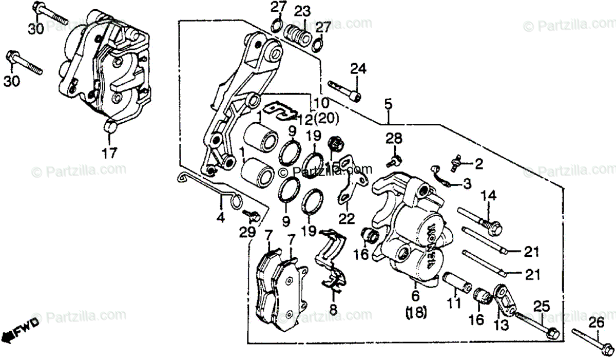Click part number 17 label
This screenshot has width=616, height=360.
click(x=110, y=153)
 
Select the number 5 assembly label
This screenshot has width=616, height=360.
click(x=388, y=104)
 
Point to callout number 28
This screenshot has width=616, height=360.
click(x=395, y=138)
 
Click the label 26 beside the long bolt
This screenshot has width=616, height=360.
click(x=596, y=323)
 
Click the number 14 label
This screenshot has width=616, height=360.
click(x=489, y=195)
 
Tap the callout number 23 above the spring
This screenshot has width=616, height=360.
click(x=302, y=11)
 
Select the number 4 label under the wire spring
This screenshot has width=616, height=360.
click(x=220, y=218)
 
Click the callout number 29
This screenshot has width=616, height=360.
click(x=248, y=232)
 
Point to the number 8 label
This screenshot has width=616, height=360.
click(x=333, y=310)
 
